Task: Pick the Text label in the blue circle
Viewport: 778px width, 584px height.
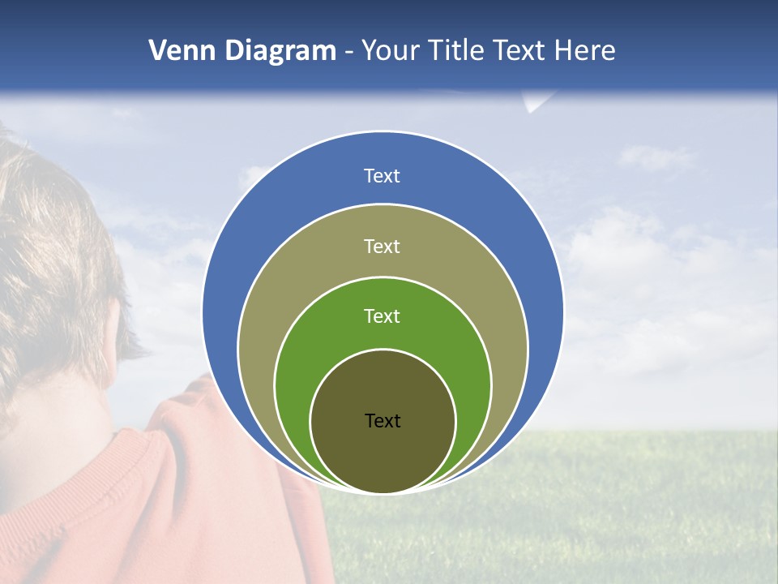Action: pos(382,176)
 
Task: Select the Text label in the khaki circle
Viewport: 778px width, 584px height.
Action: pos(382,246)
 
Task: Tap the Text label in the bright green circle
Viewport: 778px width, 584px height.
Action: pos(382,316)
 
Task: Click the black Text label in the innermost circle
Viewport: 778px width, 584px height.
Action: pos(383,420)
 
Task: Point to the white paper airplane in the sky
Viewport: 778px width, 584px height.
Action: pos(537,102)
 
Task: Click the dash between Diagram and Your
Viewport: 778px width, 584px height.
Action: pos(348,51)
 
